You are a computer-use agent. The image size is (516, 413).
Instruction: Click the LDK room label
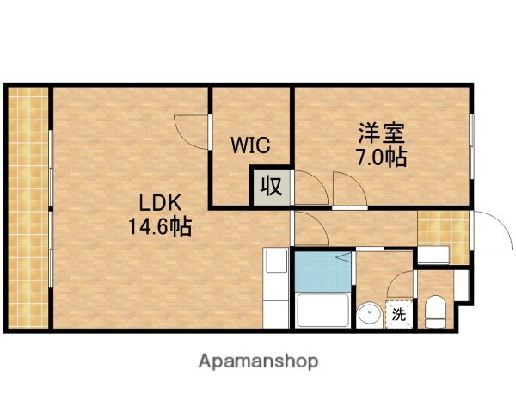pyautogui.click(x=159, y=203)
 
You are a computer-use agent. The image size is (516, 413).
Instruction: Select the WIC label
pyautogui.click(x=249, y=145)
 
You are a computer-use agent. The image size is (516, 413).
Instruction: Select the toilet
pyautogui.click(x=436, y=311)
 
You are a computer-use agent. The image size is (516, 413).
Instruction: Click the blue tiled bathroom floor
pyautogui.click(x=322, y=271)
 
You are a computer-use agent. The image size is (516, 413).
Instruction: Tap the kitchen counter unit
pyautogui.click(x=276, y=287)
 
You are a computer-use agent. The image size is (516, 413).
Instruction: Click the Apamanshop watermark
pyautogui.click(x=258, y=361)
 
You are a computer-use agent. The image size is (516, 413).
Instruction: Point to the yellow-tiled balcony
pyautogui.click(x=28, y=206)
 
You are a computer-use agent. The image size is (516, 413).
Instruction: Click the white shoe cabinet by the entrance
pyautogui.click(x=432, y=255)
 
